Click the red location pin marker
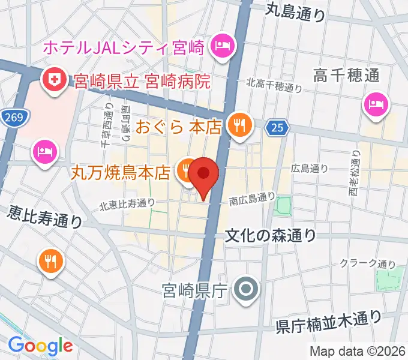(205, 174)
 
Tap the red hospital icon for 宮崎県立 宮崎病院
(54, 80)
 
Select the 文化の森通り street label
(270, 235)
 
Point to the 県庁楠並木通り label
(328, 322)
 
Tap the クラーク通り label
(368, 262)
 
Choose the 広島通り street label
(310, 169)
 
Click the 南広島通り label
(252, 199)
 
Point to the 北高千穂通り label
(274, 86)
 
